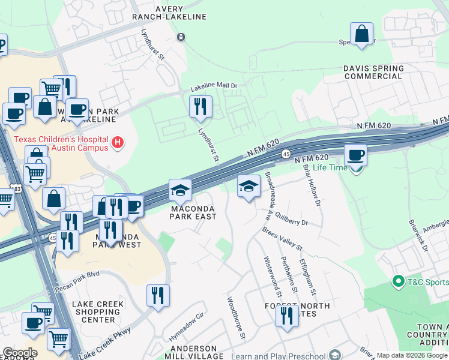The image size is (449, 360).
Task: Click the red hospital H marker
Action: coord(118,142)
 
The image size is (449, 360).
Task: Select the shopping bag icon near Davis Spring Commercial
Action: coord(362,35)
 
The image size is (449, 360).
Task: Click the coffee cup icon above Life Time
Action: coord(355,155)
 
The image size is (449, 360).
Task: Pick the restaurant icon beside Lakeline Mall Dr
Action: coord(200,107)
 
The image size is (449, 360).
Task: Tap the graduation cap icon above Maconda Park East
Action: coord(180,190)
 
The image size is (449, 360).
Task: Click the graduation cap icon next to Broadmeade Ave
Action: coord(249,187)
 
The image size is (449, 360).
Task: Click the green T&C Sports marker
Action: coord(397,281)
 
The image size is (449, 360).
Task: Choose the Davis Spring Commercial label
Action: coord(373,73)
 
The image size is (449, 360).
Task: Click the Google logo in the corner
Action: coord(19,353)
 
